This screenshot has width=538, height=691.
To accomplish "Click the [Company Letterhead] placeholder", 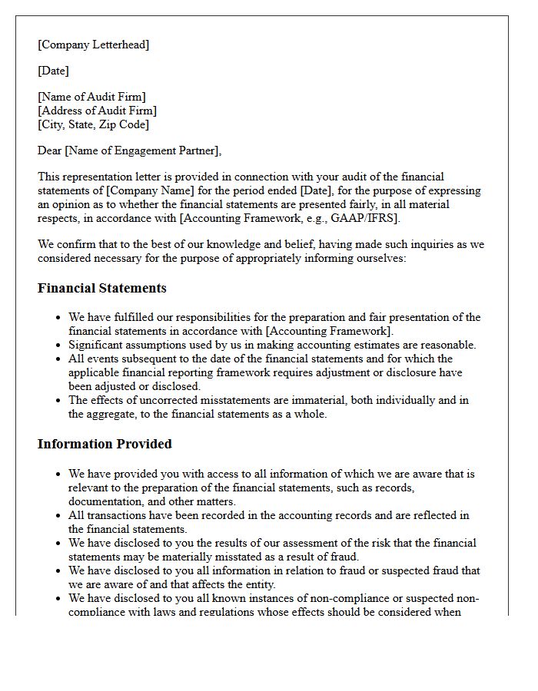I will (93, 45).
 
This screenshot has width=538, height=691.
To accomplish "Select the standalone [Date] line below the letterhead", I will (53, 71).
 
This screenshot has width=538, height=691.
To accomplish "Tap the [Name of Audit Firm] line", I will (91, 97).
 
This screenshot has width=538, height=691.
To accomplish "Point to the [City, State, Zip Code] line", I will (93, 124).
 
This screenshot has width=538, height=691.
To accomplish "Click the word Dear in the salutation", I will (50, 150).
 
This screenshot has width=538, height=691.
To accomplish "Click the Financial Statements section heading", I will (101, 289).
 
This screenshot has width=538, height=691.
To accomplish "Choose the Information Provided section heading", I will (105, 444).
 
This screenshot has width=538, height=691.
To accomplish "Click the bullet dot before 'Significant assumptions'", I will (58, 345).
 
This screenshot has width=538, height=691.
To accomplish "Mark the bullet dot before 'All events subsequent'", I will (58, 359).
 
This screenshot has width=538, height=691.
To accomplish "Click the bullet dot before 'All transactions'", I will (58, 516).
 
